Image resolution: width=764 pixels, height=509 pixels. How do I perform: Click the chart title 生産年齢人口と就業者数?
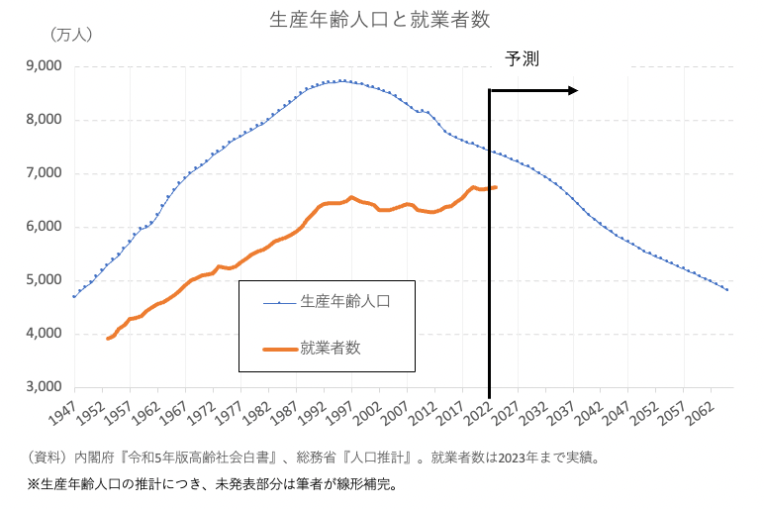click(x=381, y=19)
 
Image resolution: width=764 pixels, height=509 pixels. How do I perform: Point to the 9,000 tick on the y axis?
click(x=42, y=67)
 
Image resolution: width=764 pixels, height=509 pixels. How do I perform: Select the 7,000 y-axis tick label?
click(x=42, y=174)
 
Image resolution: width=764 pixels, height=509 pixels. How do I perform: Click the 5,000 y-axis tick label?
click(x=42, y=280)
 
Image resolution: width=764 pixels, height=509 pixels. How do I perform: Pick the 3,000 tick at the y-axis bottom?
click(x=42, y=387)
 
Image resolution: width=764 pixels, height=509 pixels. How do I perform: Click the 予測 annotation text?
click(x=522, y=59)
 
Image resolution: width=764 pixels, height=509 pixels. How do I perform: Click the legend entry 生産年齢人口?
click(x=345, y=302)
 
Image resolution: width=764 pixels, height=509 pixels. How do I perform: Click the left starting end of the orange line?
click(x=107, y=339)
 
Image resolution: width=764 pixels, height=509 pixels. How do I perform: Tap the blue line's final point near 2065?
click(x=727, y=290)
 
